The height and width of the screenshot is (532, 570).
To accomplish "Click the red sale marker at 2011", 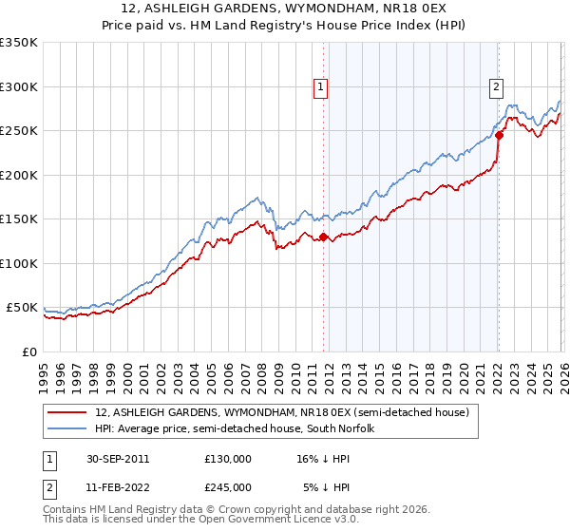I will pyautogui.click(x=324, y=237).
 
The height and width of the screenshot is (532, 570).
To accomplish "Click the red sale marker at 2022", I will pyautogui.click(x=499, y=136).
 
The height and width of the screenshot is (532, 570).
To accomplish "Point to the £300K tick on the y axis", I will pyautogui.click(x=19, y=86).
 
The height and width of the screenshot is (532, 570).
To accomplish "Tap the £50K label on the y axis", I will pyautogui.click(x=22, y=308).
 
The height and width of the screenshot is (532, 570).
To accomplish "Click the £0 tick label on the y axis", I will pyautogui.click(x=28, y=352).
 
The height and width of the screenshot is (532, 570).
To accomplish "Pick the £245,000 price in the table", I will pyautogui.click(x=227, y=486).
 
